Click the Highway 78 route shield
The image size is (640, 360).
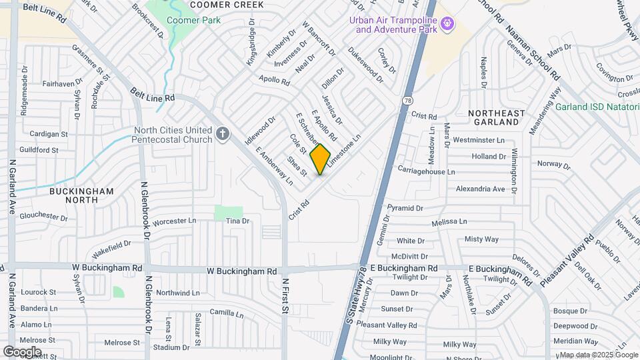pos(407,100)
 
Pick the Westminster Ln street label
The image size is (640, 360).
pos(478,141)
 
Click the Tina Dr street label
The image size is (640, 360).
pos(237,221)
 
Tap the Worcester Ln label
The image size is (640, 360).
pos(175,221)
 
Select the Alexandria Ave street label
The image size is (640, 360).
pos(480,189)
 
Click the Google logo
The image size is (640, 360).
pos(22,351)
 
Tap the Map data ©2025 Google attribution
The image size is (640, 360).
pos(598,355)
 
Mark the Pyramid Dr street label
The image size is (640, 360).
pos(405,208)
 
